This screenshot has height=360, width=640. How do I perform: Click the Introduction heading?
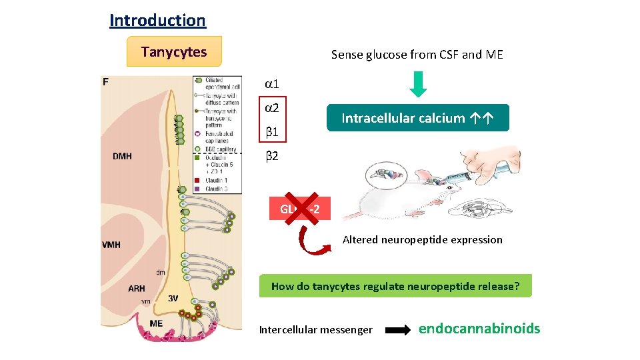click(x=157, y=20)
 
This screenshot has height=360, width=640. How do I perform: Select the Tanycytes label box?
click(x=174, y=52)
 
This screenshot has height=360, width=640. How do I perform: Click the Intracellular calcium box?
click(x=417, y=118)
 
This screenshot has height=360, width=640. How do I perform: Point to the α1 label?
click(x=271, y=85)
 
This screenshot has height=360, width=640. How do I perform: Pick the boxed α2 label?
click(x=271, y=109)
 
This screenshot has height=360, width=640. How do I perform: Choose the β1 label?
click(x=271, y=133)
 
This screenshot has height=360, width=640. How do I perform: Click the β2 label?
click(x=271, y=157)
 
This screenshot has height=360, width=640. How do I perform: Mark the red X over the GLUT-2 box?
click(x=299, y=209)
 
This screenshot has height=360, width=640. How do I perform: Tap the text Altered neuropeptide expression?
click(x=422, y=240)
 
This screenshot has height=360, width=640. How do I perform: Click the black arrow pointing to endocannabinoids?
click(x=398, y=329)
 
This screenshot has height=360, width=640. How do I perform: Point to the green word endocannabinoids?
click(x=479, y=329)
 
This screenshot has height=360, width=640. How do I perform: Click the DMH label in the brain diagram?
click(x=122, y=157)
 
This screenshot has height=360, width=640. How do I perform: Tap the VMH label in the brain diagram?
click(x=111, y=245)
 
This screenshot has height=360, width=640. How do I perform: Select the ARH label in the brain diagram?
click(x=137, y=289)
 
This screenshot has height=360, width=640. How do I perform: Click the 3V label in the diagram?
click(x=173, y=298)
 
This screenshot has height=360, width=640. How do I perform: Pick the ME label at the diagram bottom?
click(x=156, y=323)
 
